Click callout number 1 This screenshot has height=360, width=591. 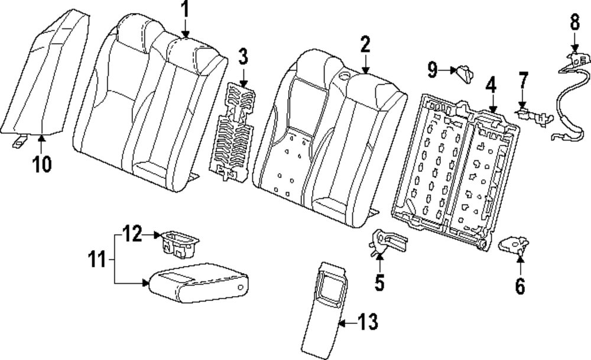(184, 9)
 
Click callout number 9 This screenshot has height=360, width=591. (433, 72)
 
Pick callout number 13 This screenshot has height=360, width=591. (368, 323)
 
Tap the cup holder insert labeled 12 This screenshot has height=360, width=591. (179, 243)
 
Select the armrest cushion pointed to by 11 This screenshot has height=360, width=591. (198, 284)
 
